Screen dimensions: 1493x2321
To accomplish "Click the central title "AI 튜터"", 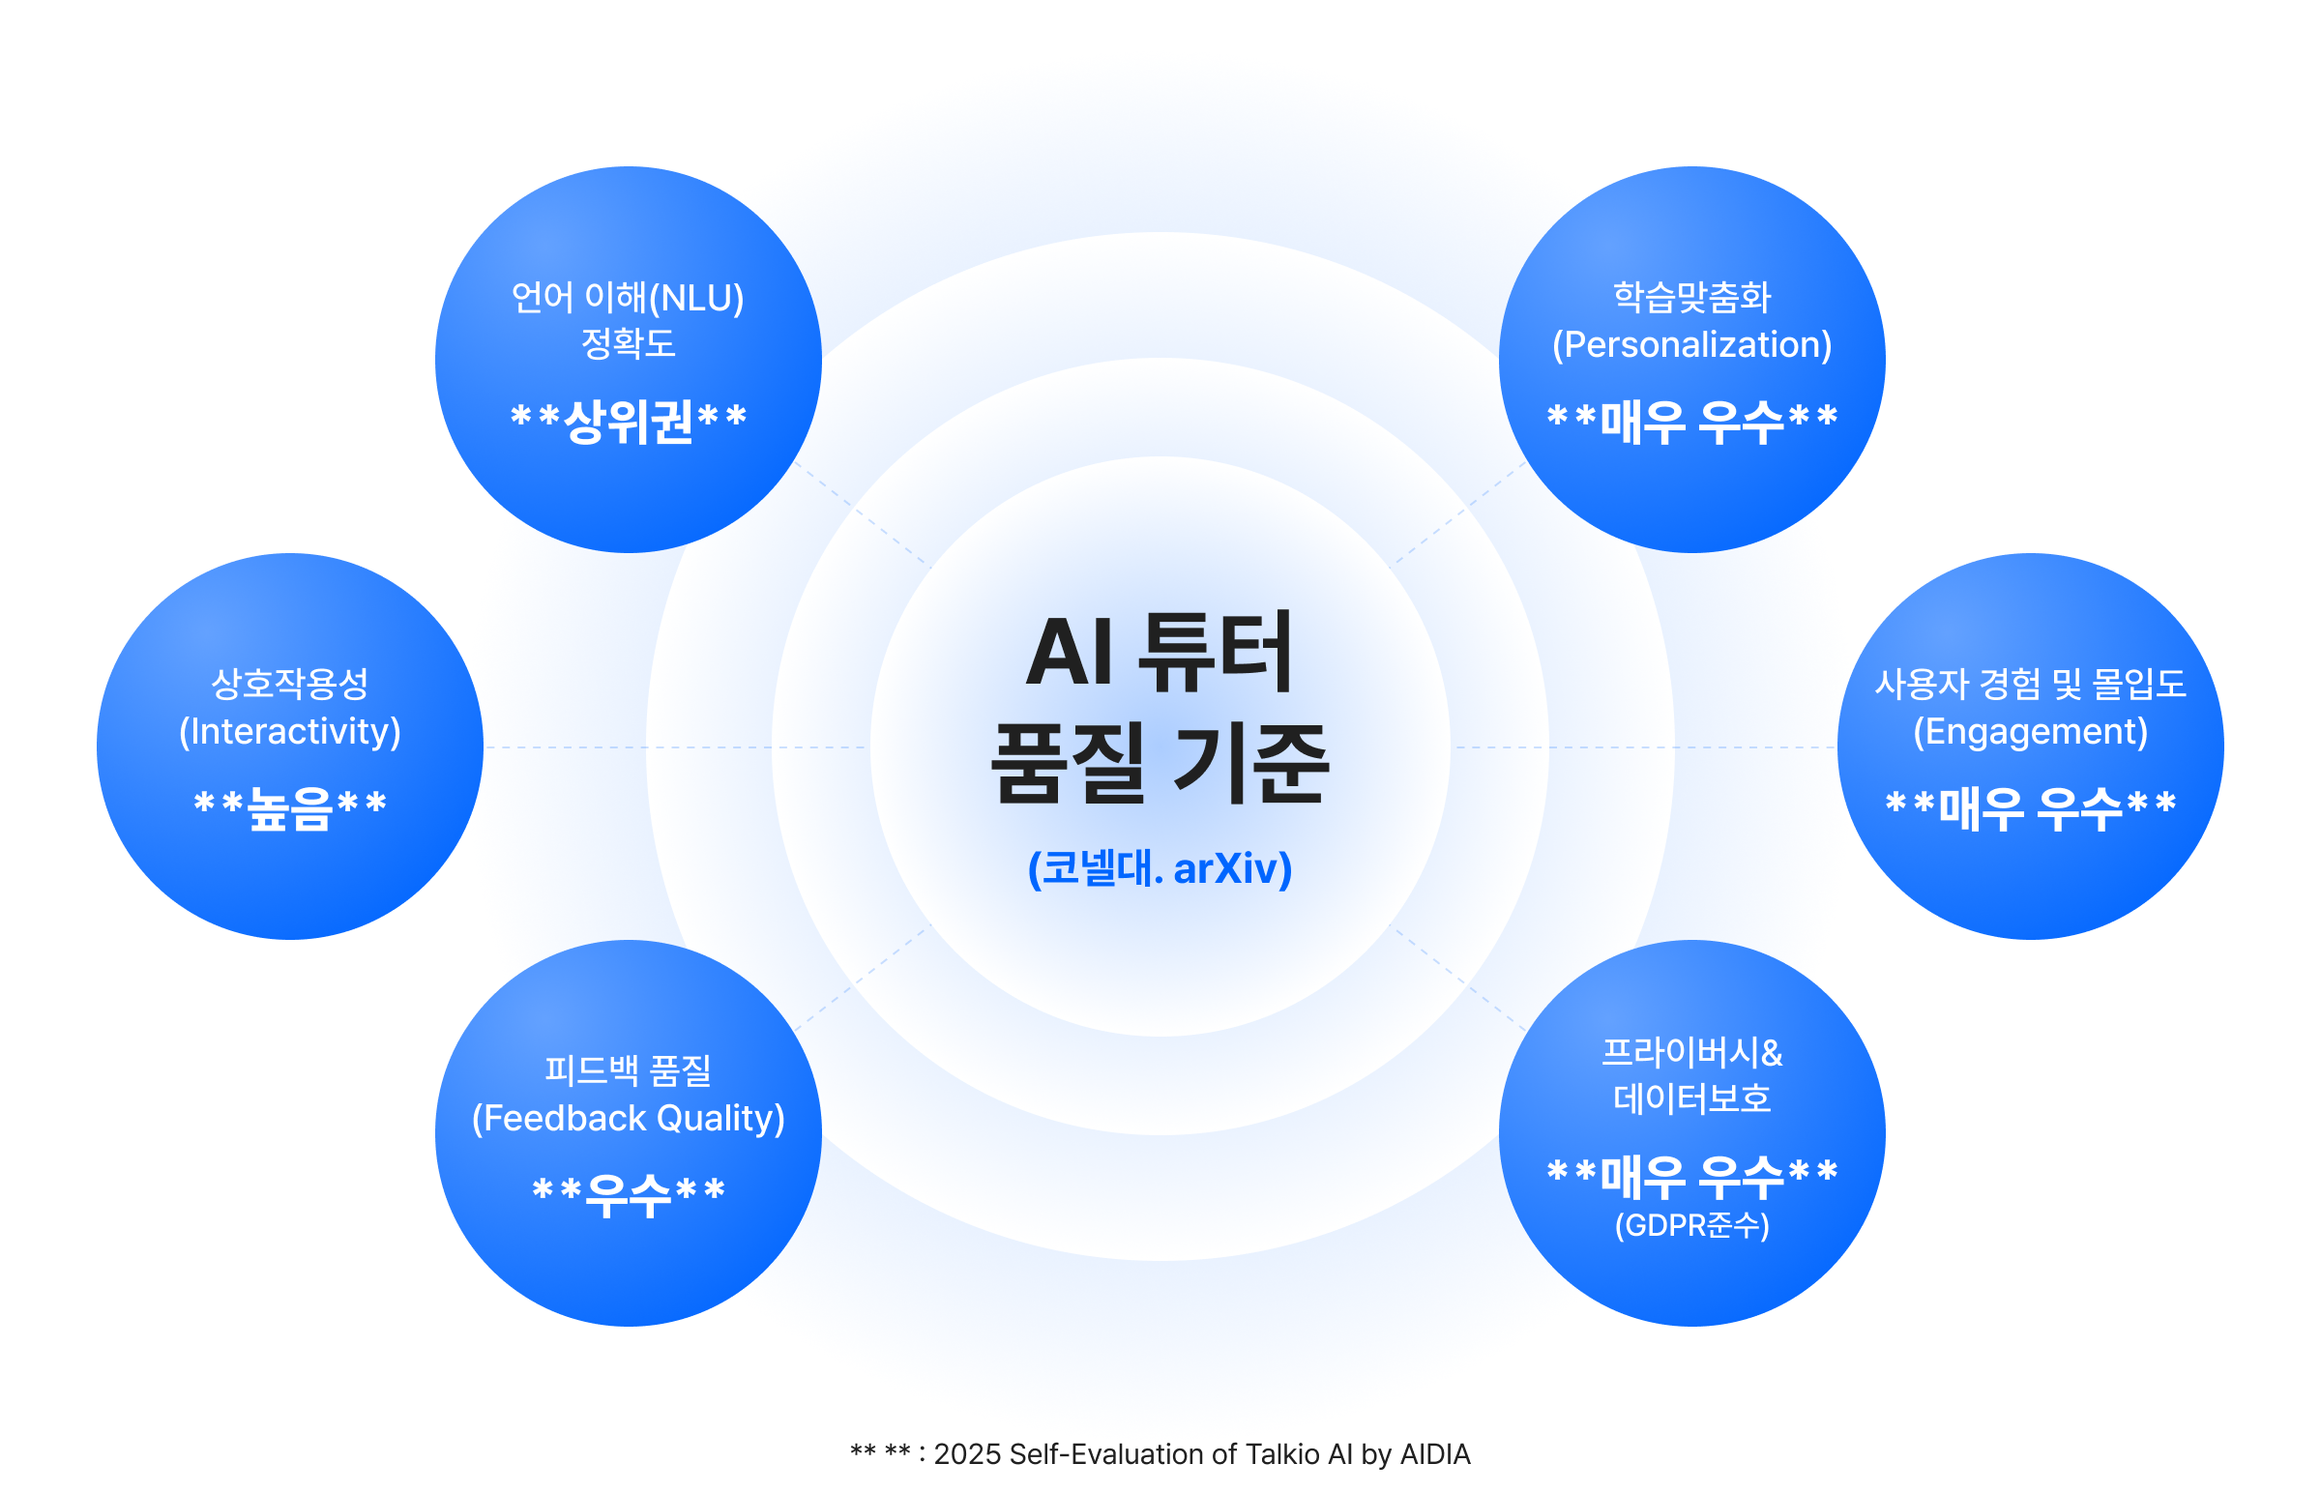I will (1160, 653).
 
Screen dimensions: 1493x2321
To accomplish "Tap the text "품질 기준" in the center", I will (1160, 763).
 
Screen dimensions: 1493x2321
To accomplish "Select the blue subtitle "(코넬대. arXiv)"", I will (1160, 867).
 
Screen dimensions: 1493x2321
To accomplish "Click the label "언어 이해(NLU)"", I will (628, 298).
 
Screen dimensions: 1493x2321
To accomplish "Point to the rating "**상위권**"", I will (629, 421).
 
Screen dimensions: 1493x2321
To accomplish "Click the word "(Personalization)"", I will (1691, 344).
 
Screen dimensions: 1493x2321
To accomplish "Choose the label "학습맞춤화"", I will (1691, 297).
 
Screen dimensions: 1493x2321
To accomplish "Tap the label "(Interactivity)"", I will (290, 731).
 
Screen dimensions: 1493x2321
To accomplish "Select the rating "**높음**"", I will (290, 807).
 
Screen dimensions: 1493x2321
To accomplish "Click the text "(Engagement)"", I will (2030, 731).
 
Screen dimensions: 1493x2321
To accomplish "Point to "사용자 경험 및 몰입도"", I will (2030, 684).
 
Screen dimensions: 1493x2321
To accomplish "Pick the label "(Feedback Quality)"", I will (629, 1118).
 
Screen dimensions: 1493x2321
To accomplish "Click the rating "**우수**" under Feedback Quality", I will (629, 1194).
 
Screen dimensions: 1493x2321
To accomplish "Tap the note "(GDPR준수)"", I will (1691, 1225).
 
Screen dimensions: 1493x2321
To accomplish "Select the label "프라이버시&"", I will (1691, 1052).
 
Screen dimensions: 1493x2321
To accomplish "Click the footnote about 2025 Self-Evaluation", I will (1160, 1454).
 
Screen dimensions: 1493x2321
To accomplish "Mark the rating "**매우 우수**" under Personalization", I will (1691, 421).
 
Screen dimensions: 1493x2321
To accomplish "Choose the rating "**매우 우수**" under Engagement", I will (2030, 807).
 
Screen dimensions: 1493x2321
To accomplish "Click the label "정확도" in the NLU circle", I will (629, 343).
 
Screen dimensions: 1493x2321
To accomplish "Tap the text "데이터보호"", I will (1691, 1098).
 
